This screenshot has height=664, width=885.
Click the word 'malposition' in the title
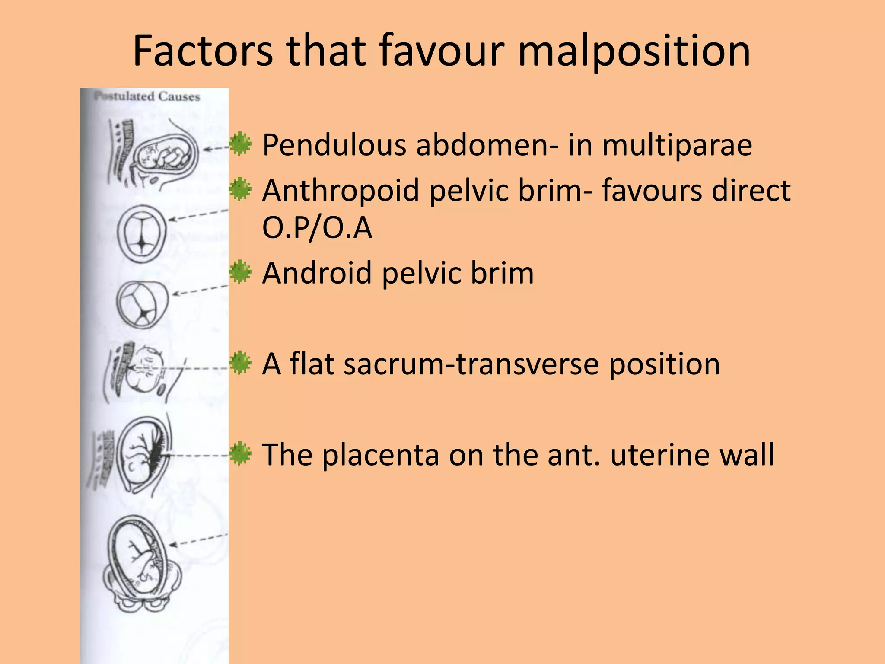[634, 51]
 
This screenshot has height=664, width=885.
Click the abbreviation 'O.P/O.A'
[317, 228]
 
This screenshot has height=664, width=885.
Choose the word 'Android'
[317, 273]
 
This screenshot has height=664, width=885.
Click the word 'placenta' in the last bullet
[380, 455]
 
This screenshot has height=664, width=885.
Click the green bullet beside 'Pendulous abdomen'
[241, 144]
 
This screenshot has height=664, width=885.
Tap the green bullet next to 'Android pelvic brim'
[241, 272]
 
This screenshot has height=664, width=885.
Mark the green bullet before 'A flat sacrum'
[241, 363]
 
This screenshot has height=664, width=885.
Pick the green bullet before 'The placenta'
[241, 454]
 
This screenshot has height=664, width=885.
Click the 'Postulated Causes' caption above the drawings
[147, 96]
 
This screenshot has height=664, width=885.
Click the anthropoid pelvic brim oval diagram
[142, 233]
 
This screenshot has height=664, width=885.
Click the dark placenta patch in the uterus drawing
[158, 454]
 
